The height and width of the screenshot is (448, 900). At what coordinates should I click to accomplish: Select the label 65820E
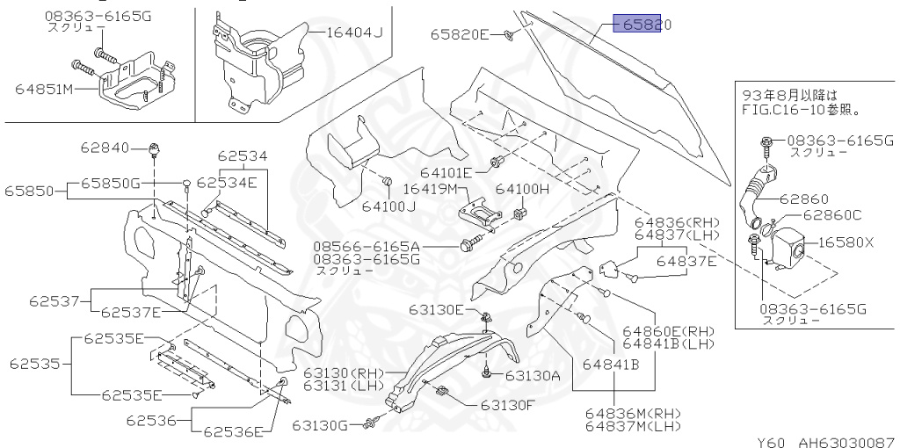[459, 35]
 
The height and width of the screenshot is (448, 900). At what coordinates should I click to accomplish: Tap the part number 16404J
[355, 33]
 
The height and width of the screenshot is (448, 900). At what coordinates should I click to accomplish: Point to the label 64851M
[44, 88]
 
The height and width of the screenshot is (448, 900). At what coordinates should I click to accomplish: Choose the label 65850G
[111, 183]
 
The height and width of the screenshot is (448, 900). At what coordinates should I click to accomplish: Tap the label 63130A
[533, 375]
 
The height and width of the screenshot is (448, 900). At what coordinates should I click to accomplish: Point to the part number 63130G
[323, 426]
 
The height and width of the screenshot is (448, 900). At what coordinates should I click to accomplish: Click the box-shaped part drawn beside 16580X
[787, 244]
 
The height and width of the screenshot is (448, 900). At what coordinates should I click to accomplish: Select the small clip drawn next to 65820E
[509, 36]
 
